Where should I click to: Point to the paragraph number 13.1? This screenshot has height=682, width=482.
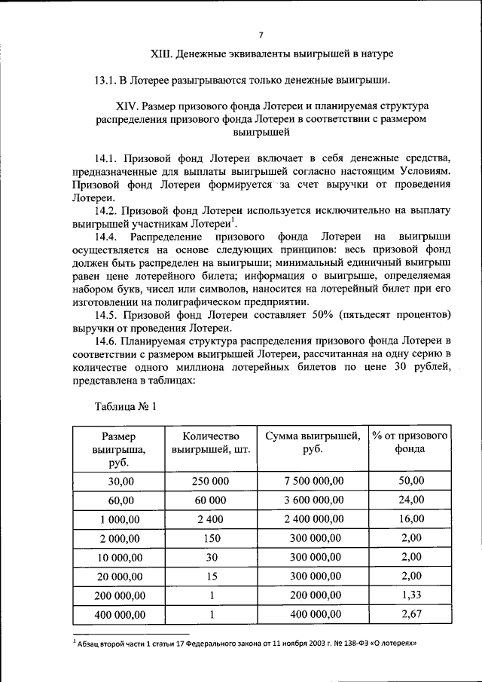click(x=108, y=80)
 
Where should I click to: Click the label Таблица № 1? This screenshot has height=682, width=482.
click(x=125, y=407)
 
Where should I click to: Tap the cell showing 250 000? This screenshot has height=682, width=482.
click(x=211, y=481)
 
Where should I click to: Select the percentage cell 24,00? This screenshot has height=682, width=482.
click(x=410, y=500)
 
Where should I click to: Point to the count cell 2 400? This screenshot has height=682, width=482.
click(x=211, y=519)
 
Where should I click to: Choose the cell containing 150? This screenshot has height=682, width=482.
click(x=211, y=538)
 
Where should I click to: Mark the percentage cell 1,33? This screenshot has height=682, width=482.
click(x=410, y=596)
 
